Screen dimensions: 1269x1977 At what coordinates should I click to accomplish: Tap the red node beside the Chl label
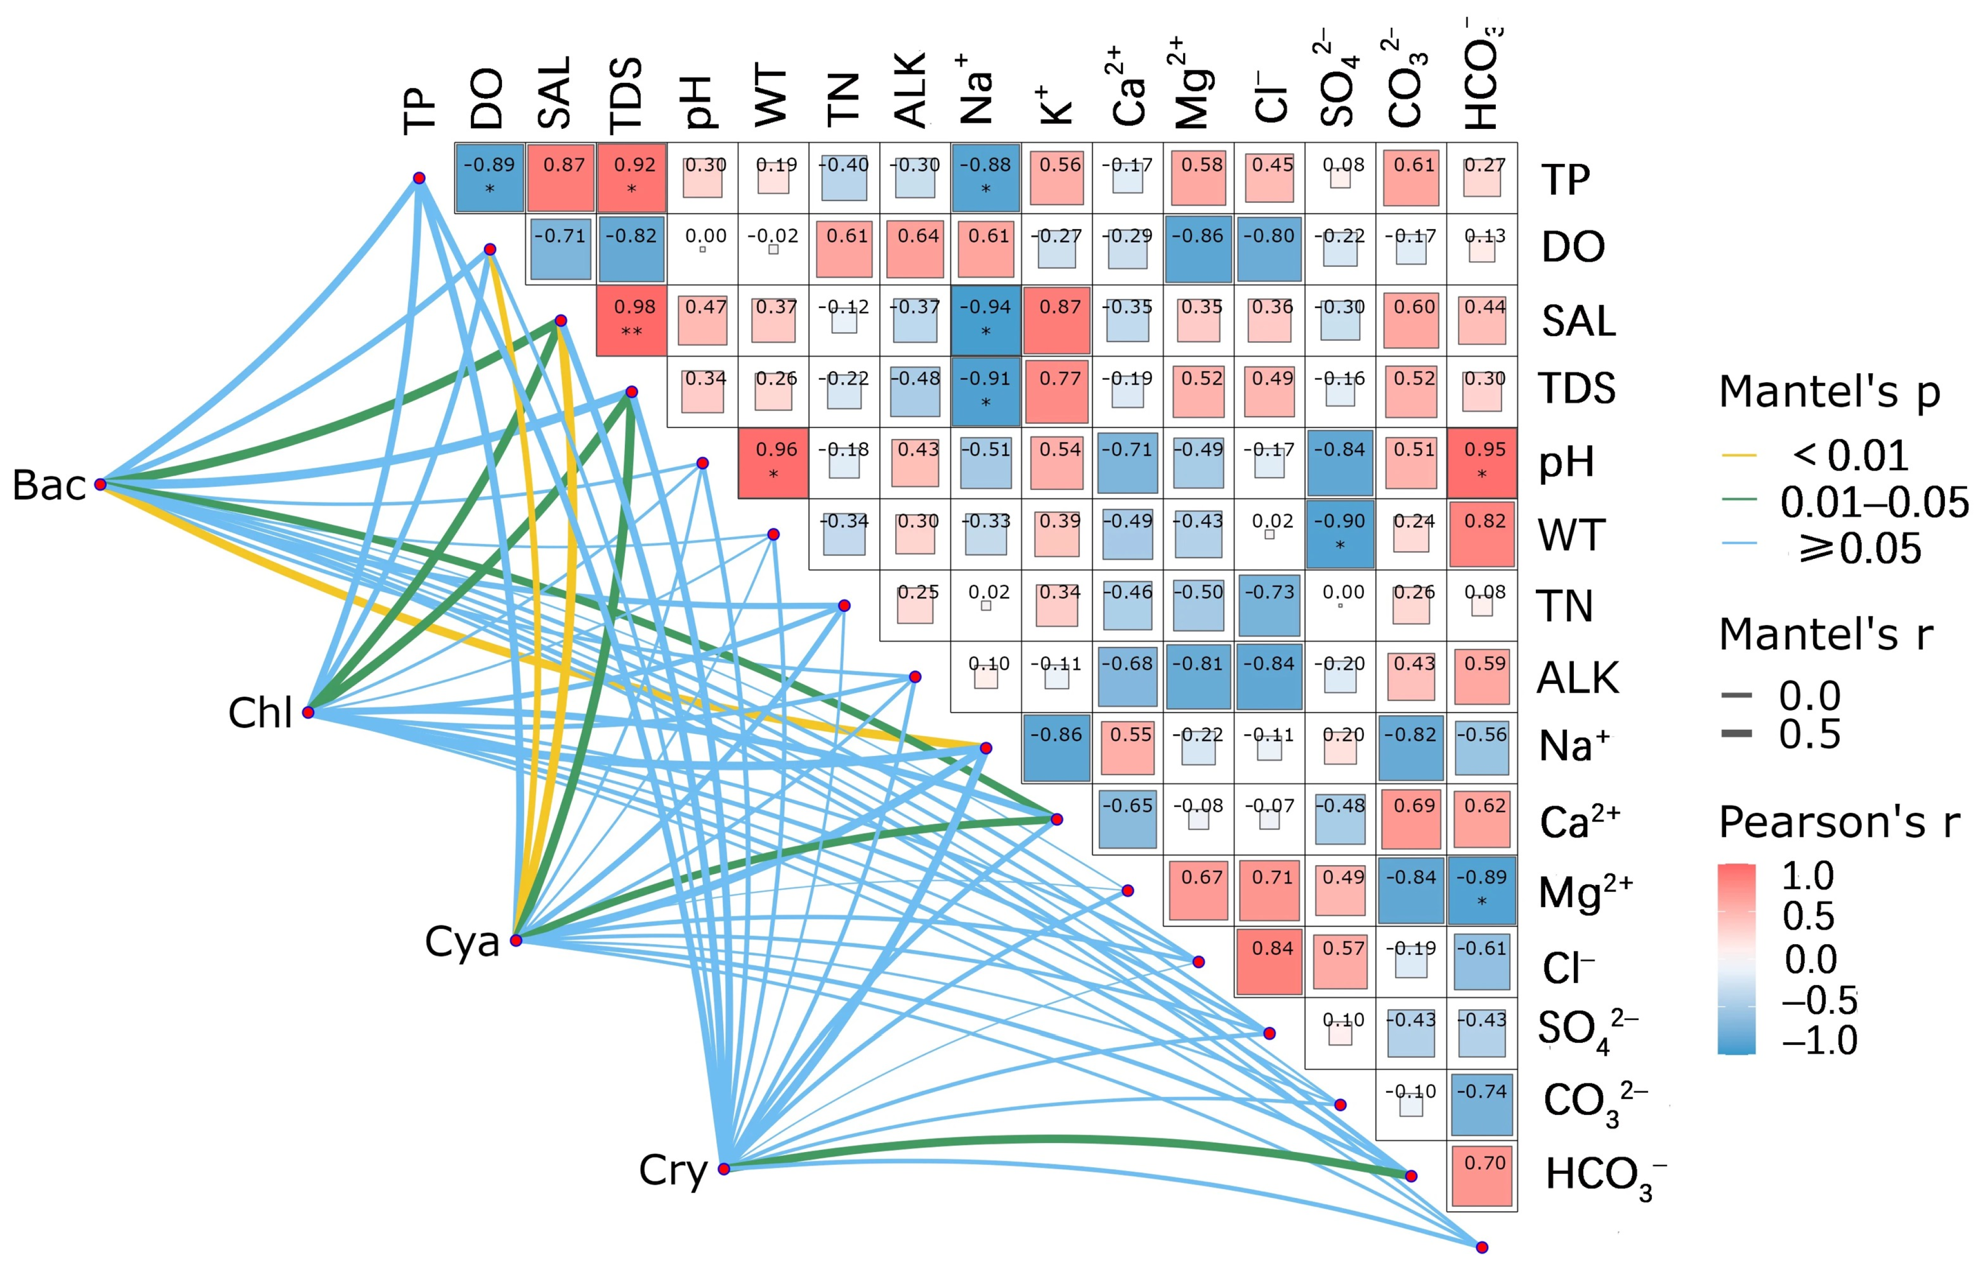[308, 712]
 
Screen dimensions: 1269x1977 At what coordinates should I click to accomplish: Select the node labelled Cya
[516, 940]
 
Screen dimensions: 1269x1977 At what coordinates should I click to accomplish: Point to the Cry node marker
[724, 1168]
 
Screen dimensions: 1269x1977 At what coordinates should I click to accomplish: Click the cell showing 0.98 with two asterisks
[631, 320]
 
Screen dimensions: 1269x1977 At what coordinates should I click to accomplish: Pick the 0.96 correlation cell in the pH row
[773, 462]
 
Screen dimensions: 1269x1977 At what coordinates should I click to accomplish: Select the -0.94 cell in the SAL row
[986, 320]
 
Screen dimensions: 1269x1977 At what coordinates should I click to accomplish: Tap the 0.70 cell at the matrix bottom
[1483, 1176]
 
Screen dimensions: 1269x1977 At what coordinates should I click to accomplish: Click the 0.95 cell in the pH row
[1483, 462]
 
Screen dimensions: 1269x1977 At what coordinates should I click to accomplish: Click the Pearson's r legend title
[1839, 822]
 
